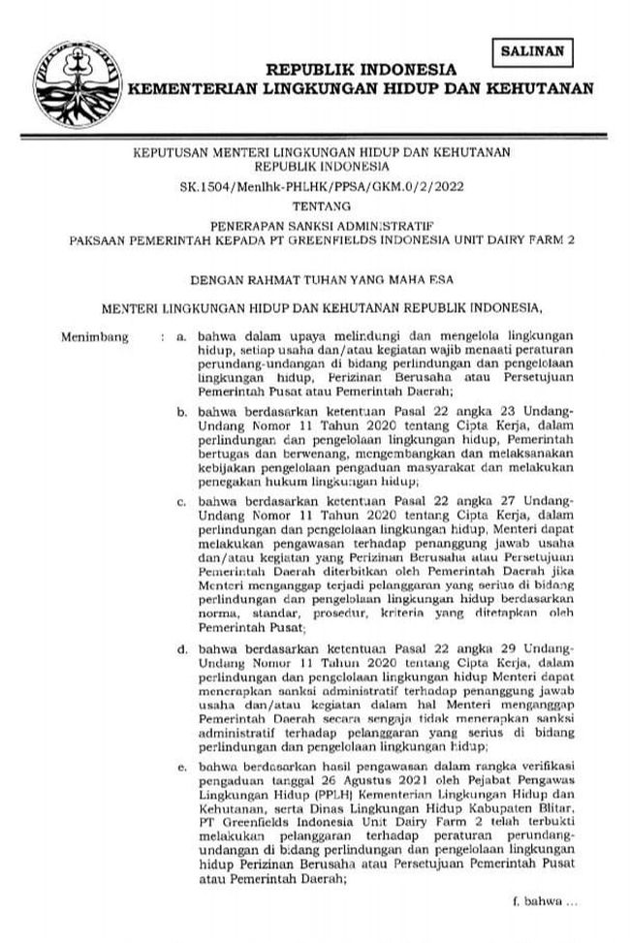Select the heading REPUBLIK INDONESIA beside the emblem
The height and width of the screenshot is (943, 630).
(361, 71)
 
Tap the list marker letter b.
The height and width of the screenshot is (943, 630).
(180, 412)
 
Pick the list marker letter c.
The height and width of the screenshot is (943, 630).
(180, 501)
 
